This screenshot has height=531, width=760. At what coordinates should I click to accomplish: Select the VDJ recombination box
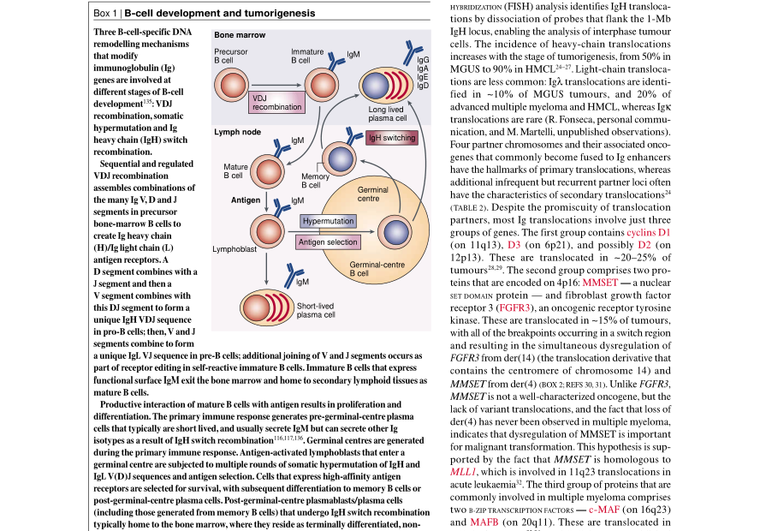point(276,102)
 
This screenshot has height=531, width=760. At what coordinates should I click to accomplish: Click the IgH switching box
point(391,138)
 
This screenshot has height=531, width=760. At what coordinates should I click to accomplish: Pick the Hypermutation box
point(328,221)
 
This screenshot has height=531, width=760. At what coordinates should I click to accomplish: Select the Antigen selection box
point(328,242)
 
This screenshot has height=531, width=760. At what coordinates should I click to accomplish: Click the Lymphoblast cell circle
point(267,230)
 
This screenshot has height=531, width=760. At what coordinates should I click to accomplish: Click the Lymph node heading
point(237,132)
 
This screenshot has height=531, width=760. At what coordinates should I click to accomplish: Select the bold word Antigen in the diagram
point(246,200)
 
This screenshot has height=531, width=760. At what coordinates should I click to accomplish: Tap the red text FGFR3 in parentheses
point(517,306)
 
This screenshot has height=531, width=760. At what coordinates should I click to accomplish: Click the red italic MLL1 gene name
point(466,471)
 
